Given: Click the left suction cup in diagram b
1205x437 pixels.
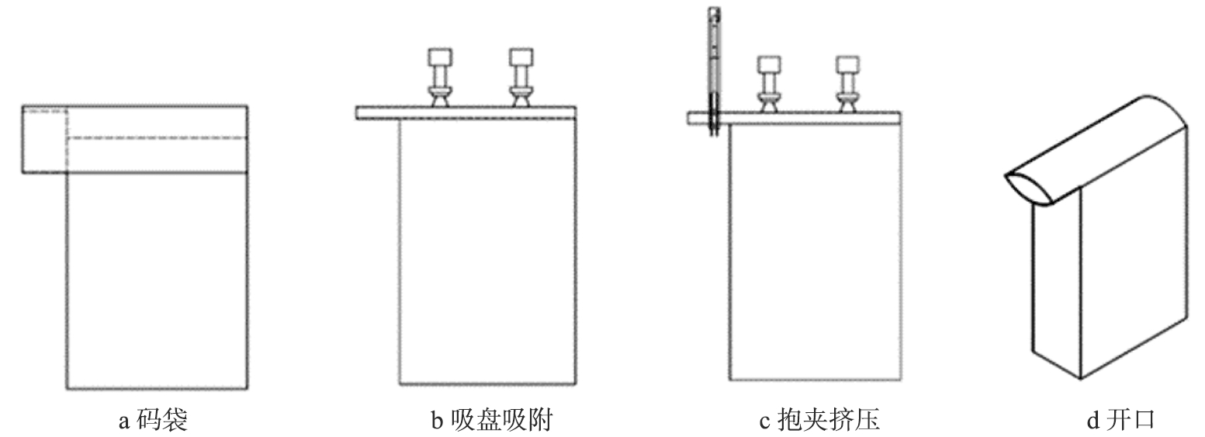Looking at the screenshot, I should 439,78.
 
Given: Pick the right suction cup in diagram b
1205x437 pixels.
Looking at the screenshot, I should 520,78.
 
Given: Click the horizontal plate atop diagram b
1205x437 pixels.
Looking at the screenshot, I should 466,113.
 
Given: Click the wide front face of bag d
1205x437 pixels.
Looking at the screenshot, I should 1133,256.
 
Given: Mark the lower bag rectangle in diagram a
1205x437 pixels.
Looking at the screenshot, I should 157,279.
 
